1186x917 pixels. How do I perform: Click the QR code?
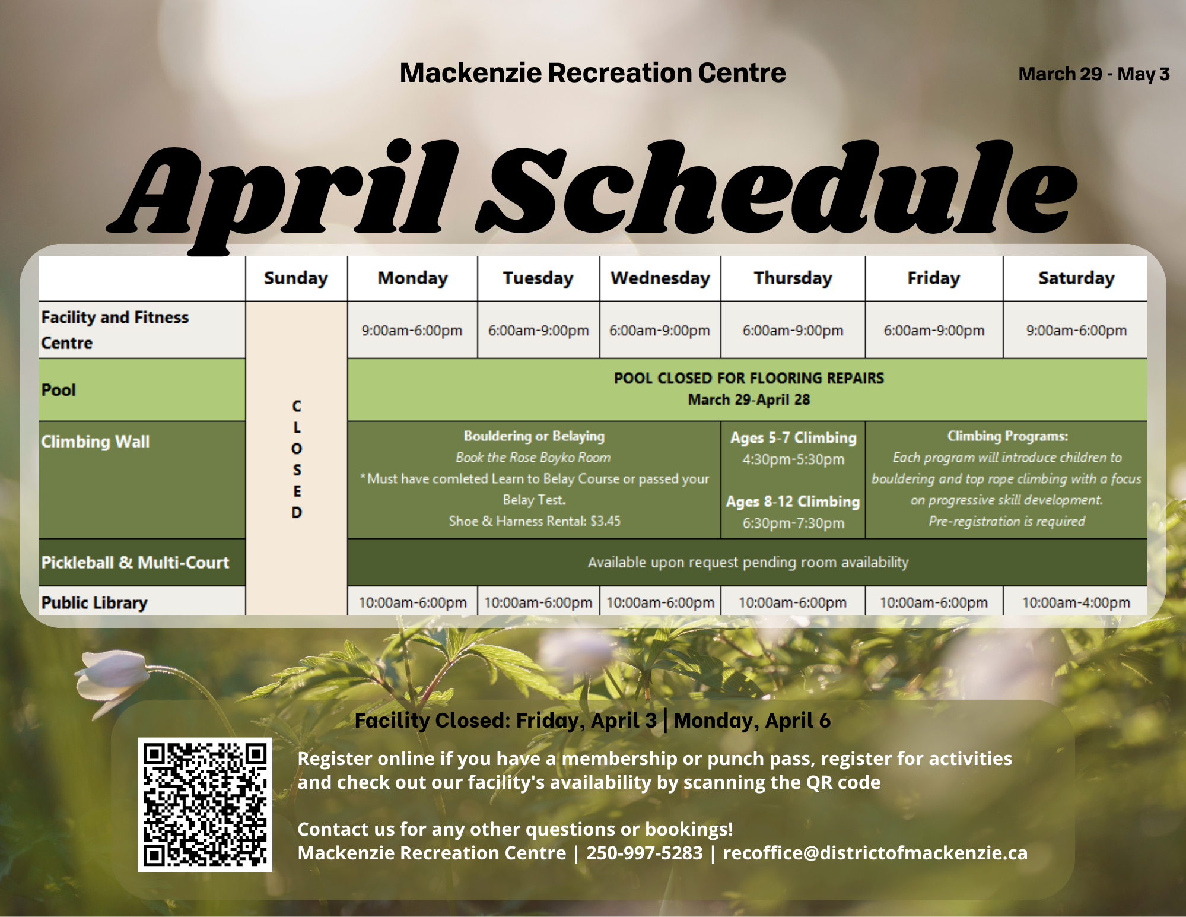click(x=205, y=804)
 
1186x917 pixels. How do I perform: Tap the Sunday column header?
click(x=295, y=278)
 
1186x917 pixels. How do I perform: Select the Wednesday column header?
click(x=660, y=278)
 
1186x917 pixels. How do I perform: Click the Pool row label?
click(x=59, y=390)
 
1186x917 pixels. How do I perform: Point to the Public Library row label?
click(x=94, y=602)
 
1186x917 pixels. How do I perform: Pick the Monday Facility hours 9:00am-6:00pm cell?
click(x=412, y=331)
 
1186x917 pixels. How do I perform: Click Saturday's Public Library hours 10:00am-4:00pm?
click(x=1076, y=602)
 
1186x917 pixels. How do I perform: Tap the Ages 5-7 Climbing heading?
click(x=793, y=438)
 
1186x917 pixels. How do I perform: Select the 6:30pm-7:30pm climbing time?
click(x=793, y=523)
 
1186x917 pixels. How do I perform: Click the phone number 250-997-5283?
click(x=644, y=853)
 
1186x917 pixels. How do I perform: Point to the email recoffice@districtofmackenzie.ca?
click(x=875, y=853)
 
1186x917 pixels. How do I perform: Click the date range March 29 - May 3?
click(x=1093, y=74)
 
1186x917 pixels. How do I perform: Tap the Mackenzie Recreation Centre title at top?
click(x=592, y=73)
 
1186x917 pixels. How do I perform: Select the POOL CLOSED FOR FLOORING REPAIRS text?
click(x=748, y=378)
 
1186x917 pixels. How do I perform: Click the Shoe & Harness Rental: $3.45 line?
click(x=534, y=521)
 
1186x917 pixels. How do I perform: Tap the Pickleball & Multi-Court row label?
click(x=135, y=562)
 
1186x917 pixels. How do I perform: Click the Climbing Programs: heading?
click(x=1007, y=436)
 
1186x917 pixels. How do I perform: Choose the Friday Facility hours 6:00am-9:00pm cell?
click(x=933, y=331)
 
